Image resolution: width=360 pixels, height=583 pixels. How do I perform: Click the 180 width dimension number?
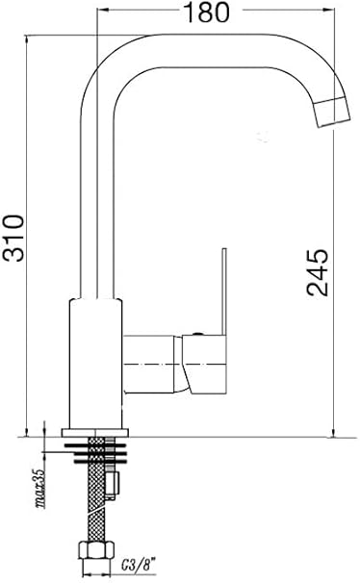[x=207, y=13]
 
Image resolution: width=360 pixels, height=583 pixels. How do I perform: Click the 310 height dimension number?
[x=13, y=238]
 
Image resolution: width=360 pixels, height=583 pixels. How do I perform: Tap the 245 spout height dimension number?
[x=318, y=272]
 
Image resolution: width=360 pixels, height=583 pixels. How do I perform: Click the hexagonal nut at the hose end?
[x=96, y=550]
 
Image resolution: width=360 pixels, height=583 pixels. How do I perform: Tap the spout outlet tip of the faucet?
[x=334, y=113]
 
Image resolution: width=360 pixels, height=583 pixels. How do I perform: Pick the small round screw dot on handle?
[x=198, y=334]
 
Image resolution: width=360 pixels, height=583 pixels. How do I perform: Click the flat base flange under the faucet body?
[x=95, y=432]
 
